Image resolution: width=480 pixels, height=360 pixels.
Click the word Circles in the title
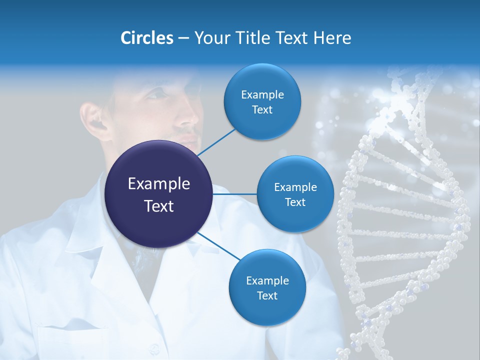pos(146,38)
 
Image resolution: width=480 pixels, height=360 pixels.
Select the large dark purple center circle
pos(158,194)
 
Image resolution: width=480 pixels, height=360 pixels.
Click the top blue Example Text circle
pos(262,102)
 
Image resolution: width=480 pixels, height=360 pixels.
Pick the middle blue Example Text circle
pos(295,194)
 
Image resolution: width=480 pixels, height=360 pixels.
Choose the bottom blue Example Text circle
pos(267,288)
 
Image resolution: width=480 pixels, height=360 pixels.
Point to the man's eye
pos(159,95)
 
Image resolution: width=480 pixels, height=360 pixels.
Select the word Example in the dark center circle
pos(158,184)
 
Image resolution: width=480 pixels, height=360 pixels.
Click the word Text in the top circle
pos(262,110)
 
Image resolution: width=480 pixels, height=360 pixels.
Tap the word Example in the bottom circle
pos(267,280)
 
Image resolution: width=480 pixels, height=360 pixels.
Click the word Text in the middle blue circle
pos(295,202)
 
